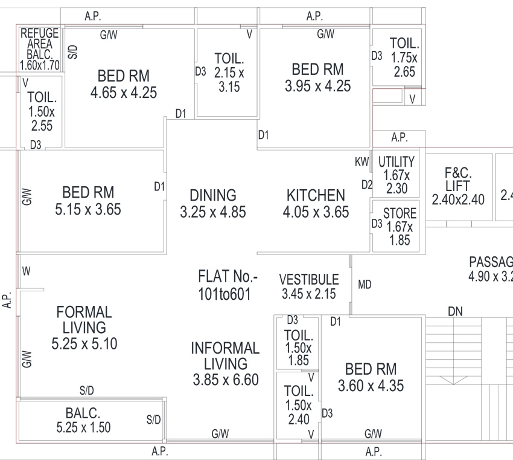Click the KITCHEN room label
pos(316,195)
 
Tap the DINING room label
pos(213,195)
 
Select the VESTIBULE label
pos(309,279)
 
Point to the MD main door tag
pos(365,284)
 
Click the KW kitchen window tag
pos(362,161)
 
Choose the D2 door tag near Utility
pos(367,185)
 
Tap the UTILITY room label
pos(396,162)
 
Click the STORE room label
pos(400,213)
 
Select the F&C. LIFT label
pos(457,179)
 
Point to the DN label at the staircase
pos(455,311)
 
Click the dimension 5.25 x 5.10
pos(84,344)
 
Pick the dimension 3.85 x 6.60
pos(226,380)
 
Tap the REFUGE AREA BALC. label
pos(40,44)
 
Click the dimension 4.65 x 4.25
pos(124,92)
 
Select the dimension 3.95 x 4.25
pos(317,86)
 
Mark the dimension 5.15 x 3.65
pos(88,209)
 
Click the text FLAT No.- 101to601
pos(226,285)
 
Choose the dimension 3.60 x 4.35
pos(371,386)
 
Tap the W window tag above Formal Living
pos(27,271)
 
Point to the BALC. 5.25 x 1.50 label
pos(83,420)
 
